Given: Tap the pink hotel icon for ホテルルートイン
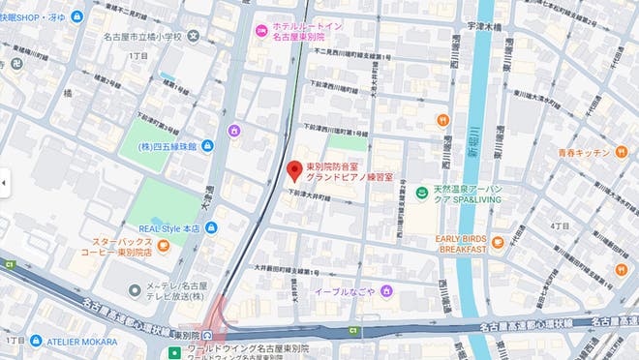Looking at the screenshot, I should [260, 30].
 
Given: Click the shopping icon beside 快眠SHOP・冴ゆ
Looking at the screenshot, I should [77, 16].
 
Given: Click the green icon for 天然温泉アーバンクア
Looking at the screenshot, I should [421, 194].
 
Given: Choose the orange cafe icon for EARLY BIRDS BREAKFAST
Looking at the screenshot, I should [498, 242].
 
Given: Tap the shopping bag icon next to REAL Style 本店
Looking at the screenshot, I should [211, 227].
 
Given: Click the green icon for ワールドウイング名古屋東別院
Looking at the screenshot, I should [173, 350].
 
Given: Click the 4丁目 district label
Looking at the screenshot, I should [559, 225].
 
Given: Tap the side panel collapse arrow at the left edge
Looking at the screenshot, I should [4, 180].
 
